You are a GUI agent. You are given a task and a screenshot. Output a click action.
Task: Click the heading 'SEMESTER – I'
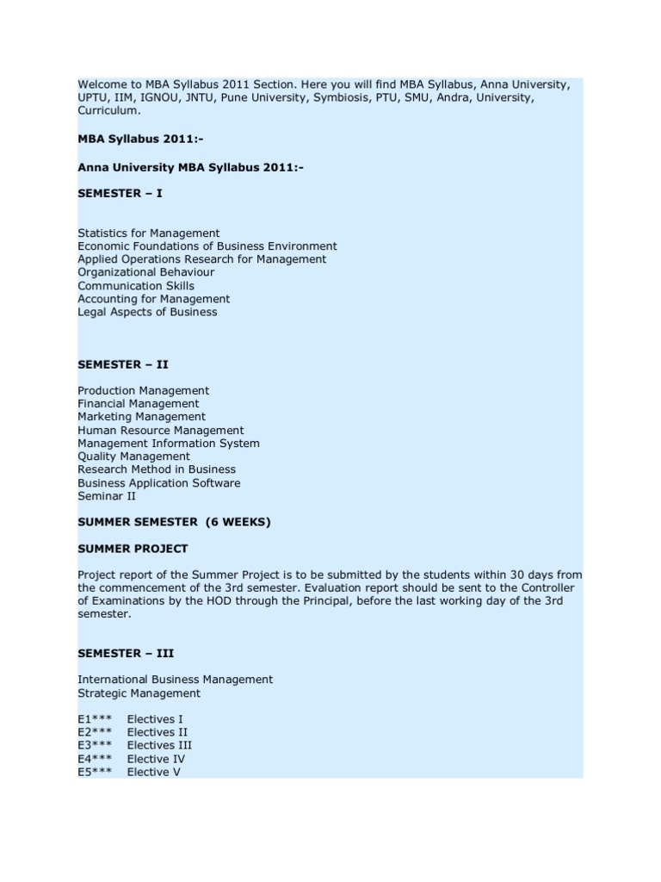tap(120, 194)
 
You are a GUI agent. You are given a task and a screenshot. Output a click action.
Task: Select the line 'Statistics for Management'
tap(148, 233)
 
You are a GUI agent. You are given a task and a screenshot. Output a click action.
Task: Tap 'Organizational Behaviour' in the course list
tap(145, 272)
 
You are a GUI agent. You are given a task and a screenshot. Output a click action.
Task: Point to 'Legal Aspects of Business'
tap(147, 312)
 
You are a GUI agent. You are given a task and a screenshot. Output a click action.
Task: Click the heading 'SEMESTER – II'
tap(122, 364)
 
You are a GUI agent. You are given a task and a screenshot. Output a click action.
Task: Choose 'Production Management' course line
tap(143, 391)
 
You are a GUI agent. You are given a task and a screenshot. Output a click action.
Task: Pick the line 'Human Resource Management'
tap(160, 430)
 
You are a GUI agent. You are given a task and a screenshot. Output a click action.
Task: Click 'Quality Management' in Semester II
tap(133, 457)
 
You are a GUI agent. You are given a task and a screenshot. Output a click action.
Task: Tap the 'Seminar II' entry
tap(107, 496)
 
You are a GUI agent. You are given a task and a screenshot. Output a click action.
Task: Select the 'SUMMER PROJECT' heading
tap(133, 549)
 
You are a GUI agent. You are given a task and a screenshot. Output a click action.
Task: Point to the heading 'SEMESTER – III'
tap(126, 654)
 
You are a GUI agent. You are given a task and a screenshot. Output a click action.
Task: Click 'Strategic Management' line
tap(139, 693)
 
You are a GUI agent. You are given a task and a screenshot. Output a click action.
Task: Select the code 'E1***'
tap(95, 719)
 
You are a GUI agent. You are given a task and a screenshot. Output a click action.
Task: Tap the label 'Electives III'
tap(159, 746)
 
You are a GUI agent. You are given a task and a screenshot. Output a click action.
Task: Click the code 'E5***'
tap(95, 773)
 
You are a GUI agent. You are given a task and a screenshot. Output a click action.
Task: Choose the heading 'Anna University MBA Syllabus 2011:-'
tap(190, 167)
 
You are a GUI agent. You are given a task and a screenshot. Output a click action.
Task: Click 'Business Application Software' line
tap(158, 483)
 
